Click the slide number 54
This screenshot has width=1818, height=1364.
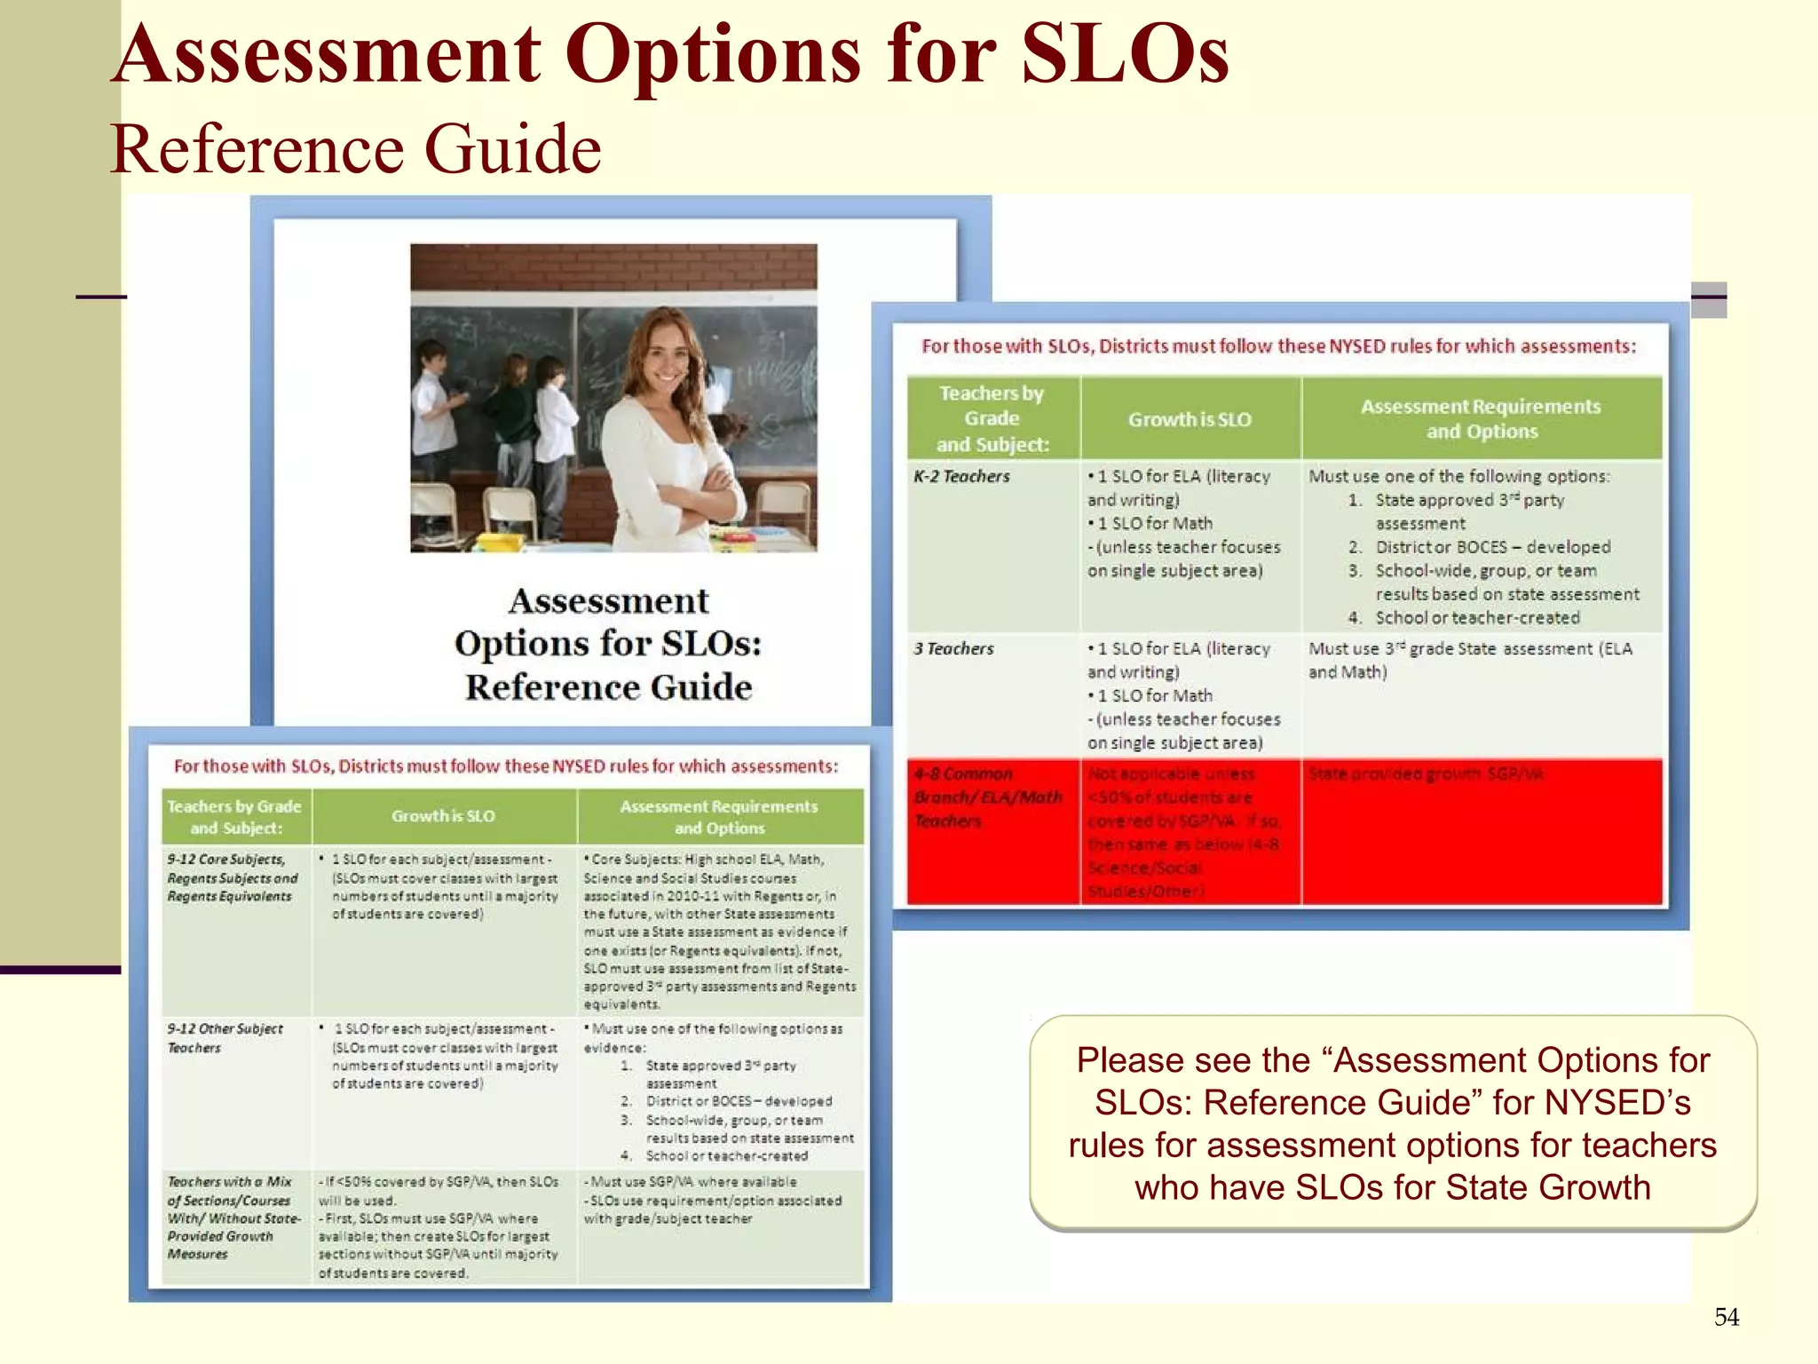[1726, 1317]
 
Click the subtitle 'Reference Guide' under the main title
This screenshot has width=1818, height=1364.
[355, 149]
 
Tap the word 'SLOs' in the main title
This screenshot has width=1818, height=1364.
[1125, 55]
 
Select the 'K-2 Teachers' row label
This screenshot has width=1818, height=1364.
[961, 477]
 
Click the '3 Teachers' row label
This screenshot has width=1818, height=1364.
[953, 649]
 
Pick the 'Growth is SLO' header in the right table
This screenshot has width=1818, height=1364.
[1190, 419]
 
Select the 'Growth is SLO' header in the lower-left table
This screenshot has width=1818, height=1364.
[443, 816]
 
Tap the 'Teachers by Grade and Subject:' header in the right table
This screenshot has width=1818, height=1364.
[992, 418]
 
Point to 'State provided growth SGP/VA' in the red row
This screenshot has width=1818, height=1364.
[1426, 774]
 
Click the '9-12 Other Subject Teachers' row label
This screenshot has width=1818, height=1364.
[225, 1038]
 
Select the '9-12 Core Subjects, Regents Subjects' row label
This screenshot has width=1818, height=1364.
[232, 877]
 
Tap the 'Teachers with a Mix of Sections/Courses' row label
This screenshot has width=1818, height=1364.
[233, 1217]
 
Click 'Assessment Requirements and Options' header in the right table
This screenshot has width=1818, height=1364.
[1481, 418]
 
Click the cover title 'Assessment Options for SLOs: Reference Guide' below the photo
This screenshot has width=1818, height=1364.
[609, 643]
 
